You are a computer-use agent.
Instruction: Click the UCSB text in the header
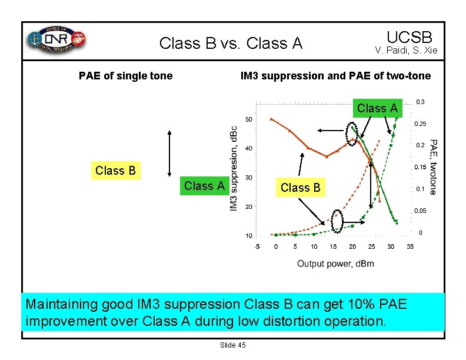[410, 36]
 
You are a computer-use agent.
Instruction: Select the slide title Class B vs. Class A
[231, 44]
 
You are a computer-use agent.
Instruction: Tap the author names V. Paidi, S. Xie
[406, 51]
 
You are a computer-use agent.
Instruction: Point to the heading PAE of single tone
[126, 75]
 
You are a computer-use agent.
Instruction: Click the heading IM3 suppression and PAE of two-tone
[335, 75]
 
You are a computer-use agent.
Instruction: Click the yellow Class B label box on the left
[115, 171]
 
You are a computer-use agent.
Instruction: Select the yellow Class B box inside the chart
[300, 188]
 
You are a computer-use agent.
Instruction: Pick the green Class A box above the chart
[377, 108]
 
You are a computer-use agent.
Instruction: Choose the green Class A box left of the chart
[204, 186]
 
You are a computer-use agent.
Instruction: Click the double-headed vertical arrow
[169, 151]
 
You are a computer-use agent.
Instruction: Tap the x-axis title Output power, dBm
[335, 263]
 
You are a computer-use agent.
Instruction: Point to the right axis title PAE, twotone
[433, 166]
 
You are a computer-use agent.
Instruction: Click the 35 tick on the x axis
[410, 246]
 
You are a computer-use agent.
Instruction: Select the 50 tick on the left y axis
[249, 119]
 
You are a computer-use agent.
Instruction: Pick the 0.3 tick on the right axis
[420, 102]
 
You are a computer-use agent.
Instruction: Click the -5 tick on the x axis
[257, 246]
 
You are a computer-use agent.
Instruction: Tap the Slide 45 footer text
[232, 345]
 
